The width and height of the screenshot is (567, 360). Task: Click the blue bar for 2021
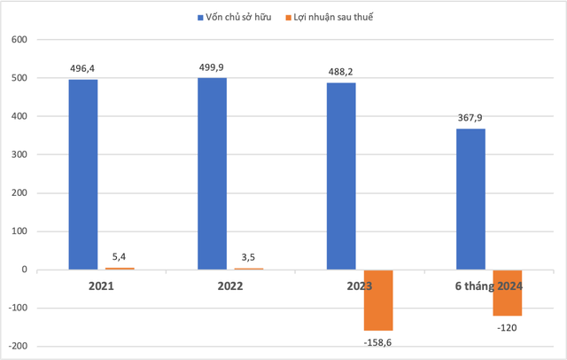[83, 175]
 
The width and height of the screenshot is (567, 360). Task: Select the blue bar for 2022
[213, 174]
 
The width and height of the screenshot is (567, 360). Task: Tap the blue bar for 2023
[342, 176]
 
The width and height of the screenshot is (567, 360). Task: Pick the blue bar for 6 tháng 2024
[470, 200]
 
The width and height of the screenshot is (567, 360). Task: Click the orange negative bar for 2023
[378, 300]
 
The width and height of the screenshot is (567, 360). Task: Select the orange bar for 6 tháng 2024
[508, 293]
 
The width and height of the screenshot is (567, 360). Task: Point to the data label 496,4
[83, 67]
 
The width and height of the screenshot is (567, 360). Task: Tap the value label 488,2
[342, 71]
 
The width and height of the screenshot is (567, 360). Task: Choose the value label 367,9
[470, 117]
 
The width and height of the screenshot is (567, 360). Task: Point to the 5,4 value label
[120, 256]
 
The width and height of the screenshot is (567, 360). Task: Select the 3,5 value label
[249, 257]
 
